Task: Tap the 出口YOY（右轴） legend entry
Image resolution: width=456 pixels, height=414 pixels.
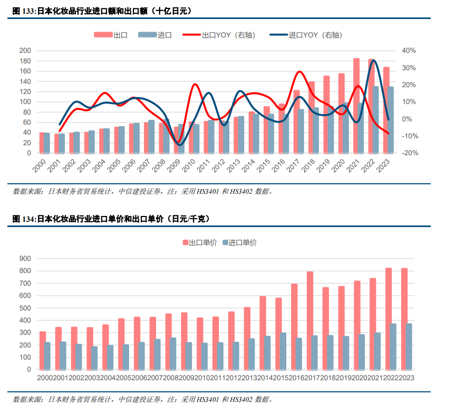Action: coord(228,35)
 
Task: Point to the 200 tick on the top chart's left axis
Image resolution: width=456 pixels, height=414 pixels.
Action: coord(25,51)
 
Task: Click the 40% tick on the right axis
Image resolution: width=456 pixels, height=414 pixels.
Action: coord(409,51)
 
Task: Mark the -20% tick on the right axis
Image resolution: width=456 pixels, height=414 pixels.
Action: coord(409,153)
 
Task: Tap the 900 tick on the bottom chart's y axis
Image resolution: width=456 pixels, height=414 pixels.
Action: coord(25,259)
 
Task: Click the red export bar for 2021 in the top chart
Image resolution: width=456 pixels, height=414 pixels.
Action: coord(356,106)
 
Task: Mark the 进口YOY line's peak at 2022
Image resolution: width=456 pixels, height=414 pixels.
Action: coord(374,60)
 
